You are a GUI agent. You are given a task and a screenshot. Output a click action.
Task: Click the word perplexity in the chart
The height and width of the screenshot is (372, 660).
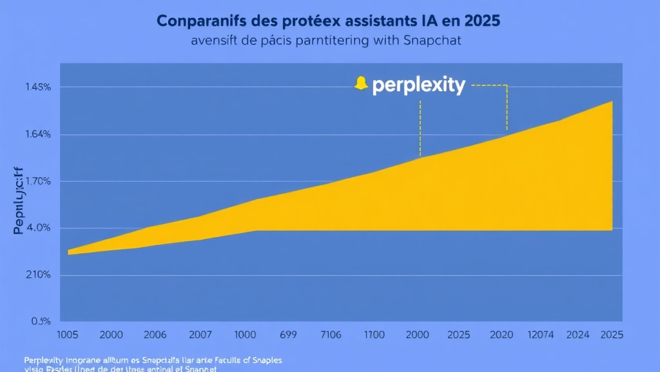418,86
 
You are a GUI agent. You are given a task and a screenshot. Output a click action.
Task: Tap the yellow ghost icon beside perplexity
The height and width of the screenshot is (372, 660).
361,84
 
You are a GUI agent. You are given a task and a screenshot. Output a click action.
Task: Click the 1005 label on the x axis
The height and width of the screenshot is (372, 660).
68,335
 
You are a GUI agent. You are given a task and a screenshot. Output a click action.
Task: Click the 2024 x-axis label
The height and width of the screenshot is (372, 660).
578,335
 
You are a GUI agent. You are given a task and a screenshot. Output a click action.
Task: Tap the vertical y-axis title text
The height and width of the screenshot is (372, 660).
18,200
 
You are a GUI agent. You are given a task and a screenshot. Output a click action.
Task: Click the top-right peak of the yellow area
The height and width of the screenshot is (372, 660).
611,103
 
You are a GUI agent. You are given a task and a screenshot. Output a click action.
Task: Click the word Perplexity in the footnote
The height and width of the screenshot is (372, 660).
46,359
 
